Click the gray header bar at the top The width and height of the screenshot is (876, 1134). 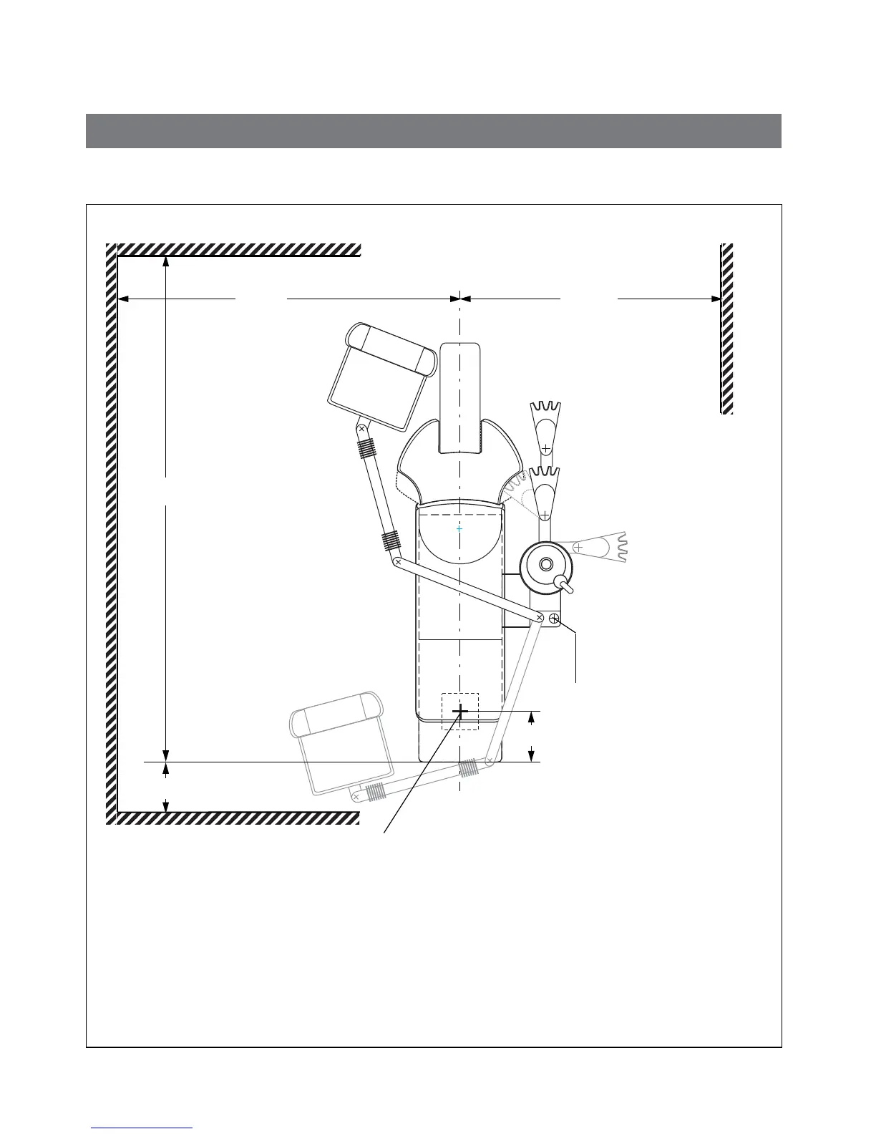433,130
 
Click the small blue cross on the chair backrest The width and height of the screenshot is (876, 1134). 459,528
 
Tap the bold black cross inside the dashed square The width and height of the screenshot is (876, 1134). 460,711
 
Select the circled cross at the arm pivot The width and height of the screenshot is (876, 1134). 554,618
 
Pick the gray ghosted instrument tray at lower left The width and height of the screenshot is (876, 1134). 342,745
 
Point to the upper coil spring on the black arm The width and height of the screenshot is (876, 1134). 366,449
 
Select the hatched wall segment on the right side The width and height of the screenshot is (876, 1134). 726,329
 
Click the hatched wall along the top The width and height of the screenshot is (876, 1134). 238,250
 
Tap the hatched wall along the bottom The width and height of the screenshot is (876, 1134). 238,818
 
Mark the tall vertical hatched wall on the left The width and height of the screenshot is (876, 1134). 111,533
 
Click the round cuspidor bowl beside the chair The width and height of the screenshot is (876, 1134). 545,565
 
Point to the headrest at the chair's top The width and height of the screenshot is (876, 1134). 459,397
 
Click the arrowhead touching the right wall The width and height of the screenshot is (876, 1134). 715,299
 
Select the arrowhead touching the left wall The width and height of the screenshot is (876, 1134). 123,299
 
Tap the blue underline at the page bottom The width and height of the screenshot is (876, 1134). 142,1129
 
